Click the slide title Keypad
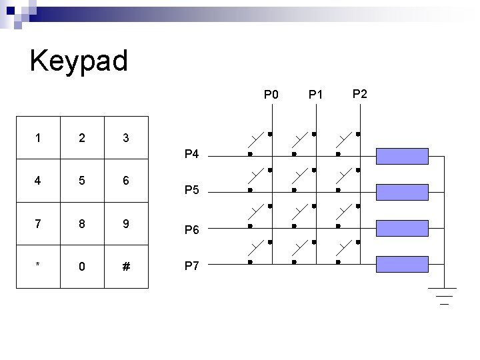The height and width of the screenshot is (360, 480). point(79,61)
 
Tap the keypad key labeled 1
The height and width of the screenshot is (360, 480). point(38,139)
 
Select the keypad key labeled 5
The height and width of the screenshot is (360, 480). point(82,181)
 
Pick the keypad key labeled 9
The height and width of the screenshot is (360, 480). point(126,223)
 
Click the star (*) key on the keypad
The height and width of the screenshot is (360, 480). point(38,267)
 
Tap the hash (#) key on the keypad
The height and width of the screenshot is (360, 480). point(126,267)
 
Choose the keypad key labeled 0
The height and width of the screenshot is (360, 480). point(82,267)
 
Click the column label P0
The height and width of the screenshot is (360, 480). point(271,95)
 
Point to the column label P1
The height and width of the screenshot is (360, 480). point(315,95)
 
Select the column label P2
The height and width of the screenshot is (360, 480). point(359,94)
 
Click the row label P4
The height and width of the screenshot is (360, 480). point(191,155)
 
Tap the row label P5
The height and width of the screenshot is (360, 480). point(191,191)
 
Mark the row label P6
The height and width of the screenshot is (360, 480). point(191,230)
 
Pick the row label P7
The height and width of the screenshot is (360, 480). point(191,265)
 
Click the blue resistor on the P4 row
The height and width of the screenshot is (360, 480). point(401,156)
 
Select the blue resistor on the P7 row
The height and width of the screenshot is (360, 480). point(401,263)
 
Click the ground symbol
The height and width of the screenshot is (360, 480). point(442,294)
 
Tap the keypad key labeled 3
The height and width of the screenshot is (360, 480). point(126,139)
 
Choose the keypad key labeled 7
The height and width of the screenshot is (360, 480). point(38,223)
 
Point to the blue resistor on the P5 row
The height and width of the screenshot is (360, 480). point(401,191)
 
